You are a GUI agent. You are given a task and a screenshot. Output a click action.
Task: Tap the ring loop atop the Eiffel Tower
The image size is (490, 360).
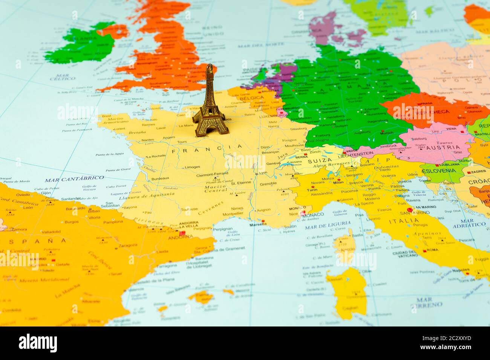coord(210,68)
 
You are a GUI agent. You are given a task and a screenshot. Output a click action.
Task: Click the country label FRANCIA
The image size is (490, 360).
coord(207,149)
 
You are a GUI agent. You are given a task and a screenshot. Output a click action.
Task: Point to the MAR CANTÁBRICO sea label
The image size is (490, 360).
coord(74,178)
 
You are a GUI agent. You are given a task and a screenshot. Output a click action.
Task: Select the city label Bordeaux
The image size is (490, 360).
coord(160,178)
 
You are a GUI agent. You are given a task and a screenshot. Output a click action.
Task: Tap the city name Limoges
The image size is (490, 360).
coord(192,167)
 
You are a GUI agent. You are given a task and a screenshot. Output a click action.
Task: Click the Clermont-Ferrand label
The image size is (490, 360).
coord(212,174)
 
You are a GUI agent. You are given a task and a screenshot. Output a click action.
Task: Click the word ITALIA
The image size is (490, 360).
coord(404,221)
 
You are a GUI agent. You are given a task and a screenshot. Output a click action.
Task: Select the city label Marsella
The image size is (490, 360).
coord(258,224)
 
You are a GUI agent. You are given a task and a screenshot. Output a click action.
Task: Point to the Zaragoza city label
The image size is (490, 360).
coord(128,245)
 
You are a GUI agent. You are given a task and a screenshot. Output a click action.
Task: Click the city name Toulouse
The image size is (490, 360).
coord(189,209)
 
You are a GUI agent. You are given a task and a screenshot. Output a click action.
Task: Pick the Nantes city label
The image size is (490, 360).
coord(148,140)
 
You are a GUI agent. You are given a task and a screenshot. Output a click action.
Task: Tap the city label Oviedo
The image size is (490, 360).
coord(23,195)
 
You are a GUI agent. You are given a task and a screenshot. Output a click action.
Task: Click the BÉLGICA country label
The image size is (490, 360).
coord(251,98)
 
